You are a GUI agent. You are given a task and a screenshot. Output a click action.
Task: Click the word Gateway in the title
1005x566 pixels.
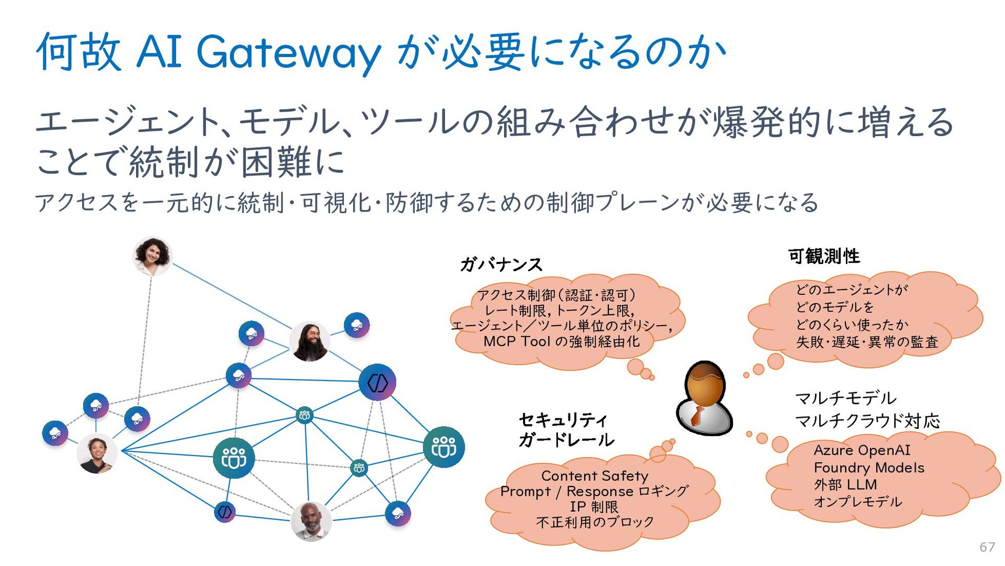pyautogui.click(x=288, y=53)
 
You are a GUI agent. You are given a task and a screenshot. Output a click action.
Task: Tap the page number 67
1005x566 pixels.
pyautogui.click(x=987, y=547)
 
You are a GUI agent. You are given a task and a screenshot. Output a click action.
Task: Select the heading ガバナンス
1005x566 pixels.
pyautogui.click(x=501, y=264)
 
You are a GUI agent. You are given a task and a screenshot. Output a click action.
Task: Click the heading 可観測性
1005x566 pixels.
pyautogui.click(x=824, y=256)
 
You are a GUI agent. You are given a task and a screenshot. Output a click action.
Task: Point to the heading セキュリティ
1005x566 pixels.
pyautogui.click(x=563, y=420)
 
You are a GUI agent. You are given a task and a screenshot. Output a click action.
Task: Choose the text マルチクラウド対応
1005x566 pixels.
pyautogui.click(x=867, y=420)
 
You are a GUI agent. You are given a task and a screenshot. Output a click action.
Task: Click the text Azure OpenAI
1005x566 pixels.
pyautogui.click(x=862, y=450)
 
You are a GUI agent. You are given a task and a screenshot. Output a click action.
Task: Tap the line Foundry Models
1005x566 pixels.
pyautogui.click(x=869, y=468)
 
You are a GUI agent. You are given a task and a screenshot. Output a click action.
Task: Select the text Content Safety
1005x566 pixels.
pyautogui.click(x=595, y=476)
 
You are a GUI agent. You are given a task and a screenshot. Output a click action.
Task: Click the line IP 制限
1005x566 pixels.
pyautogui.click(x=594, y=507)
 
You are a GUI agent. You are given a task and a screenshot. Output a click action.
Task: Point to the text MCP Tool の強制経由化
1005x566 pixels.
pyautogui.click(x=561, y=341)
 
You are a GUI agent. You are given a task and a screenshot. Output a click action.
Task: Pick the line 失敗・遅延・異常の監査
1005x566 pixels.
pyautogui.click(x=867, y=342)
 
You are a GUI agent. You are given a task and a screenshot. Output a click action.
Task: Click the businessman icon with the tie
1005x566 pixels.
pyautogui.click(x=704, y=398)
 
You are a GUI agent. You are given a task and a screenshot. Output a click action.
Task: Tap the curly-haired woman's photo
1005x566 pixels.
pyautogui.click(x=152, y=256)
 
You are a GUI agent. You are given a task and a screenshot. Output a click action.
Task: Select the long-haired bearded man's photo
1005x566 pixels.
pyautogui.click(x=309, y=341)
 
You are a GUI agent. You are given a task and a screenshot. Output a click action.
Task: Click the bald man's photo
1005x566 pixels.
pyautogui.click(x=311, y=521)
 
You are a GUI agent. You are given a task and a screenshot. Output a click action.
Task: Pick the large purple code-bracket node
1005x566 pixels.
pyautogui.click(x=377, y=382)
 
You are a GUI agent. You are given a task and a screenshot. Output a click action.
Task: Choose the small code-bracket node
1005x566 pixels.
pyautogui.click(x=225, y=512)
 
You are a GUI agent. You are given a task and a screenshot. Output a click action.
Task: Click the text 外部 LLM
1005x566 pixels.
pyautogui.click(x=845, y=485)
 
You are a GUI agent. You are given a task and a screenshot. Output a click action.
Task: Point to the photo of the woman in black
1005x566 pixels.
pyautogui.click(x=97, y=453)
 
